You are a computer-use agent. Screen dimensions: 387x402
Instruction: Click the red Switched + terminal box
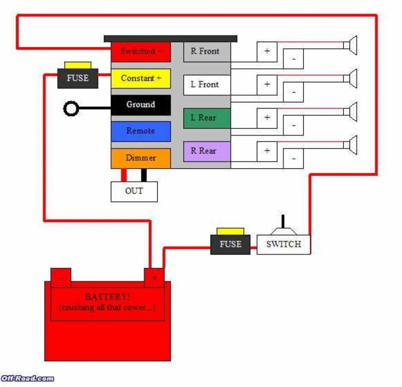point(140,51)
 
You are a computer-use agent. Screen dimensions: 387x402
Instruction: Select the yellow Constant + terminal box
point(140,78)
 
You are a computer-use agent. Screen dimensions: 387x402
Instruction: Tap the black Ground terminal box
point(140,105)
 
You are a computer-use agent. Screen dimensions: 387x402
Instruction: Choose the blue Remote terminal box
point(140,131)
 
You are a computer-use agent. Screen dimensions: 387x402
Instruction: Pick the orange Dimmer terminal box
point(140,158)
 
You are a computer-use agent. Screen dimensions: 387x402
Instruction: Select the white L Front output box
point(206,85)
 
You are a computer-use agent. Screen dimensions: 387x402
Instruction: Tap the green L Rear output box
point(206,118)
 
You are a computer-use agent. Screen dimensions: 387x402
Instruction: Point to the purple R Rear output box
point(206,151)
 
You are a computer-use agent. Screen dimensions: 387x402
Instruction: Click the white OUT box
point(134,191)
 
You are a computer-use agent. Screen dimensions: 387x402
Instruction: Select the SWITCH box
point(283,244)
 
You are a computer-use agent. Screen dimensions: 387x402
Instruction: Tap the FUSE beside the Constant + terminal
point(77,78)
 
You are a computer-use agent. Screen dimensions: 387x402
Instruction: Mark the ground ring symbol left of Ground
point(71,109)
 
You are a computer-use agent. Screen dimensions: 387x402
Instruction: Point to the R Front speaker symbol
point(351,46)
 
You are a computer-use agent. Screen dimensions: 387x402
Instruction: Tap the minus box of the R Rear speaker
point(294,158)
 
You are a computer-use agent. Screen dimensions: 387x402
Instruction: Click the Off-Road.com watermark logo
point(27,378)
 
